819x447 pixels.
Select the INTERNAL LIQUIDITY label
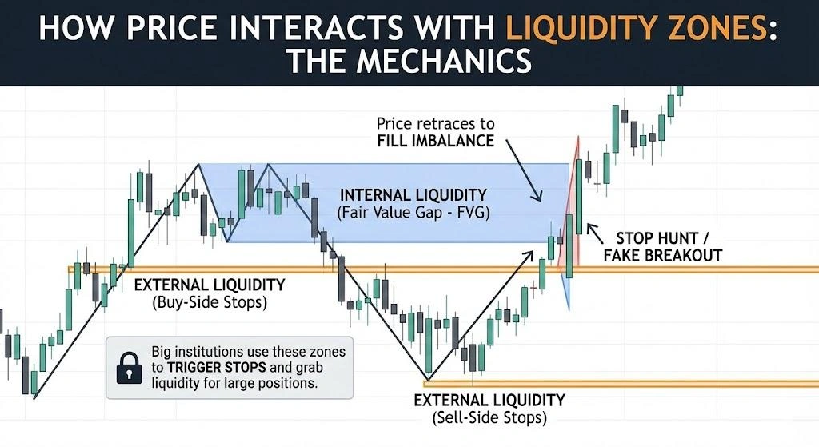pos(413,195)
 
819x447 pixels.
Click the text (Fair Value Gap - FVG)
pos(414,214)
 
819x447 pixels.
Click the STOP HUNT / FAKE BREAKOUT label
pos(669,246)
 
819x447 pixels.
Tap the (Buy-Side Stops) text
pos(209,303)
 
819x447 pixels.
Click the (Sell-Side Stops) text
pos(489,418)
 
